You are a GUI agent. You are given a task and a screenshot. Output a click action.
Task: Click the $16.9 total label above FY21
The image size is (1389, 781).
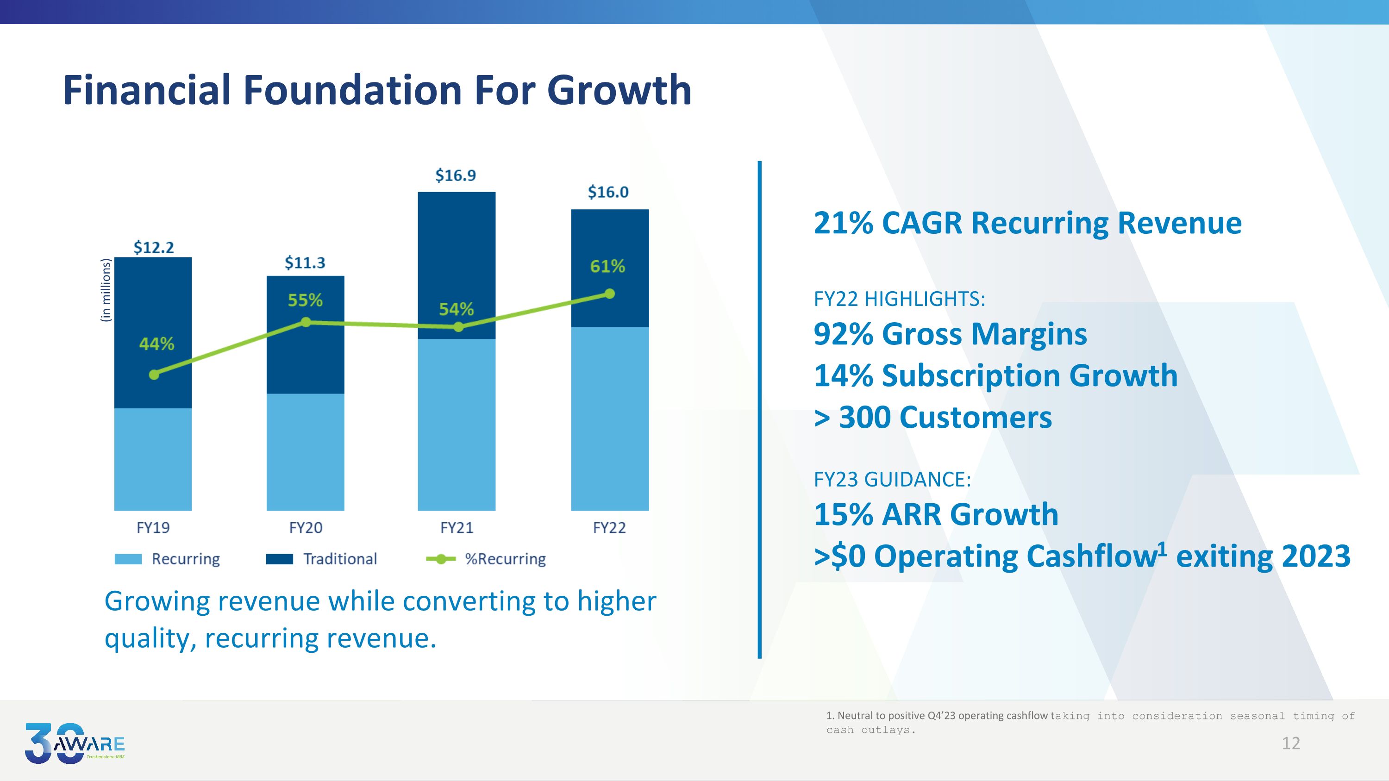[456, 175]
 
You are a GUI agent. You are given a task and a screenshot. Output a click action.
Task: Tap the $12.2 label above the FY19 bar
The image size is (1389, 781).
[154, 247]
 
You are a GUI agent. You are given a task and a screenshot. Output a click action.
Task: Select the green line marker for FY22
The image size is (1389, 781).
[610, 294]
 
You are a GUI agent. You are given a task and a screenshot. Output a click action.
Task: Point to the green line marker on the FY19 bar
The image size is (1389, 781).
[154, 375]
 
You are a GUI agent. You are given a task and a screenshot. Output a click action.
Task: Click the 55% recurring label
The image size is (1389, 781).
[305, 300]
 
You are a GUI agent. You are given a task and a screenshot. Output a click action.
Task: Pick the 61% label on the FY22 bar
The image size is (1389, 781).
[607, 266]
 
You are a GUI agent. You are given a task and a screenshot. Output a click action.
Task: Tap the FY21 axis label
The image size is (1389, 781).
[457, 528]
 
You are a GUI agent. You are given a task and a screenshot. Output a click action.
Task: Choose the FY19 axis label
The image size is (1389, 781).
[153, 528]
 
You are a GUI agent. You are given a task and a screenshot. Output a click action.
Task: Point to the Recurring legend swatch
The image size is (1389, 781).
[128, 559]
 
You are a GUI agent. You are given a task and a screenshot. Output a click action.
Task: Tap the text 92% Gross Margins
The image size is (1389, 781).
[950, 334]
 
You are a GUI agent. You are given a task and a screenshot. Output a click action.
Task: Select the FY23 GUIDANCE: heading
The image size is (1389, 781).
[892, 479]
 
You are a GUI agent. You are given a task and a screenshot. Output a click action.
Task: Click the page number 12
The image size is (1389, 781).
[1291, 744]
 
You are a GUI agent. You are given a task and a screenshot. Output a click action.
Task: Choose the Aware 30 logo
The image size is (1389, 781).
[75, 744]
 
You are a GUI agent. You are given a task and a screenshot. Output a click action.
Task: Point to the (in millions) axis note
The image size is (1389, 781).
[106, 290]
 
